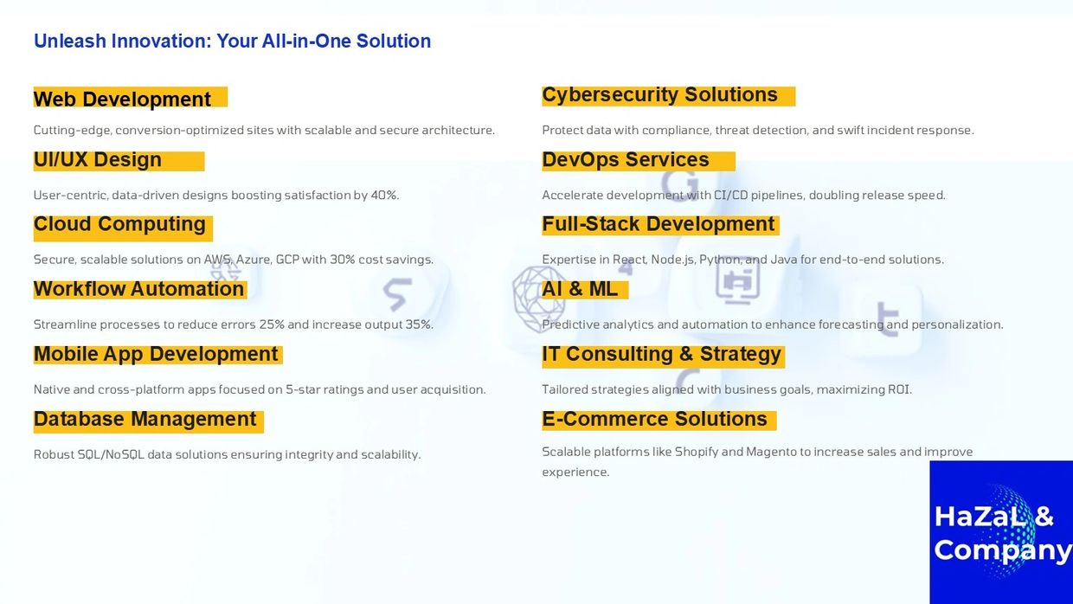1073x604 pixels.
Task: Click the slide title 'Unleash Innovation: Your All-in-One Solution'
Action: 232,42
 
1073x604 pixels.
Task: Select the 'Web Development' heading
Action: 122,100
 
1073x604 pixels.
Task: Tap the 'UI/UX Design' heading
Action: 97,159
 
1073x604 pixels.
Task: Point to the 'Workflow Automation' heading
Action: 139,289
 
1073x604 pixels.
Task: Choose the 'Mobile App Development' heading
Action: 156,355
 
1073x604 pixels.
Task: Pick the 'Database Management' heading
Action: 145,419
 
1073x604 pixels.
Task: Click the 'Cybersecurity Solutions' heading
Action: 659,95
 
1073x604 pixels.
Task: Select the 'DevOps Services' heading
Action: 625,160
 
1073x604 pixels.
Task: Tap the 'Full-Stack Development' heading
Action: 659,224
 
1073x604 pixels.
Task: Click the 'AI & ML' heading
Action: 580,289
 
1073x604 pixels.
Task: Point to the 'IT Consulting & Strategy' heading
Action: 661,355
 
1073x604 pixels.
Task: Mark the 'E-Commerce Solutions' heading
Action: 654,419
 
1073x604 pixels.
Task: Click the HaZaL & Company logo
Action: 1001,532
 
